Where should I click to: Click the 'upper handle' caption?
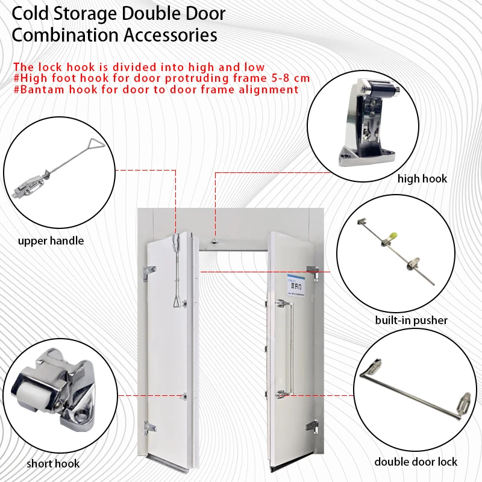click(51, 241)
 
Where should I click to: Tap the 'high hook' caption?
click(422, 178)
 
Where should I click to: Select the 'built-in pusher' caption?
click(412, 320)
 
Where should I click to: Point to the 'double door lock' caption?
click(416, 462)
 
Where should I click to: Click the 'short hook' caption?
click(53, 463)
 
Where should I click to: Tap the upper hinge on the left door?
click(147, 272)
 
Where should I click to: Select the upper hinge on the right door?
click(313, 272)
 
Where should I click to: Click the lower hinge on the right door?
click(312, 425)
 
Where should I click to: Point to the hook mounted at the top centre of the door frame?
click(214, 242)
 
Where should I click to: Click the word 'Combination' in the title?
click(66, 35)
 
